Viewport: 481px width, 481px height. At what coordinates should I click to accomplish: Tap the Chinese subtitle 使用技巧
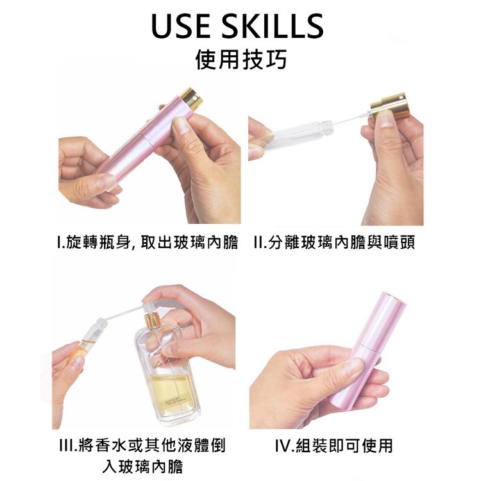click(240, 59)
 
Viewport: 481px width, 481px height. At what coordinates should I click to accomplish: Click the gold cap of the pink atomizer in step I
click(192, 99)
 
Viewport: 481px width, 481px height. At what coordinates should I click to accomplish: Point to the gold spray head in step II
click(390, 106)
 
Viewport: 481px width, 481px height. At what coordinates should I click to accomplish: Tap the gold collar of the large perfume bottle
click(153, 319)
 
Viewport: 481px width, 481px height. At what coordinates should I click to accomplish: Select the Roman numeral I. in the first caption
click(60, 242)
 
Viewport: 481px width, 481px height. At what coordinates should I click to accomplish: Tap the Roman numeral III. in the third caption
click(68, 446)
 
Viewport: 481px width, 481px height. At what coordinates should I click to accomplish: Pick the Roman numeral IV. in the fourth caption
click(284, 446)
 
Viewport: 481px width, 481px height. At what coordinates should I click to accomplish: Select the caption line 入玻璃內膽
click(142, 467)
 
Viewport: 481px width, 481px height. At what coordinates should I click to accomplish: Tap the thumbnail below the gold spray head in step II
click(384, 118)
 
